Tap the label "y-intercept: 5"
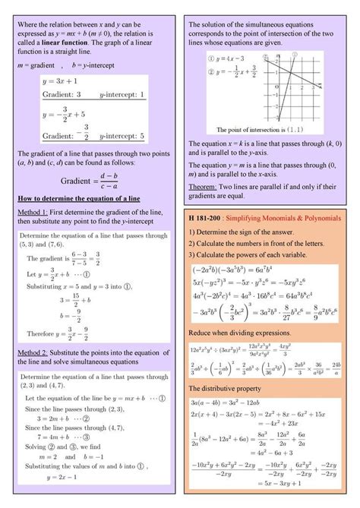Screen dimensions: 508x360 (122, 136)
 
